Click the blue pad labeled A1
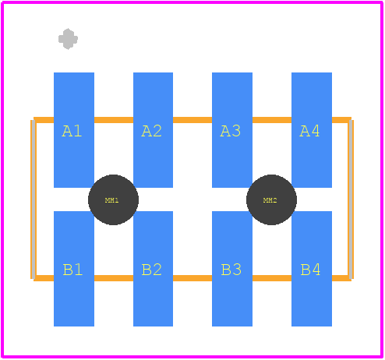74,130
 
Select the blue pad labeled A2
153,130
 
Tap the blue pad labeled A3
232,130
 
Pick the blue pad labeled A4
312,130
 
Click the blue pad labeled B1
74,269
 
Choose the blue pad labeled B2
153,269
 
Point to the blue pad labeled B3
232,269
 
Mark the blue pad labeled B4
312,269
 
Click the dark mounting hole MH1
113,199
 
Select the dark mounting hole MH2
271,199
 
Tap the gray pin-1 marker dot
68,39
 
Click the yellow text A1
72,131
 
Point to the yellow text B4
310,270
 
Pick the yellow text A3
230,131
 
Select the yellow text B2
152,270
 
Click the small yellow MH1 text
112,200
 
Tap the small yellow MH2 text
270,200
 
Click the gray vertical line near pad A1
34,199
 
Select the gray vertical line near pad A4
351,199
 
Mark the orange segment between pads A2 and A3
192,120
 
